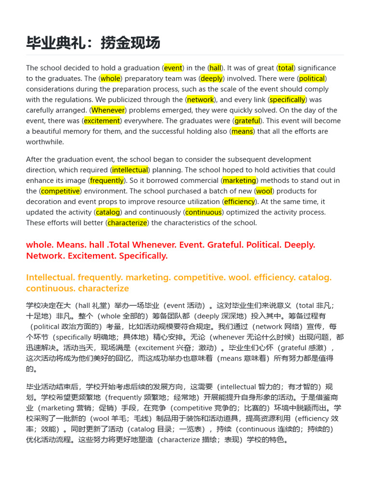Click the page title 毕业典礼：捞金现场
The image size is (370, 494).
[93, 43]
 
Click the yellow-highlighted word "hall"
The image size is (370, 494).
[215, 68]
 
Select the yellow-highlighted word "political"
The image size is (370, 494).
[312, 79]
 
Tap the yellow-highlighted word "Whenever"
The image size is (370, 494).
[108, 110]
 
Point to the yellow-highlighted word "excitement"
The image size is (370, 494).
[101, 121]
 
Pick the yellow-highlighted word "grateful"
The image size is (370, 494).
[247, 121]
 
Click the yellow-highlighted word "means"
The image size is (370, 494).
[242, 132]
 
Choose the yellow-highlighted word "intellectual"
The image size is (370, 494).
[130, 170]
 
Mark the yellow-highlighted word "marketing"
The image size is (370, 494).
[239, 180]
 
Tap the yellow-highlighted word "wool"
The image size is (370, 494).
[264, 191]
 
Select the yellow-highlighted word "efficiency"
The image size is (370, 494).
[239, 202]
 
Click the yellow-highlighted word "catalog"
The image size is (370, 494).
[108, 212]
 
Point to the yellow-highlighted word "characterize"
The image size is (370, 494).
[128, 223]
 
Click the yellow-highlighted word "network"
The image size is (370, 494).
[200, 100]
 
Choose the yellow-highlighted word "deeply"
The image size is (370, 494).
[211, 79]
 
